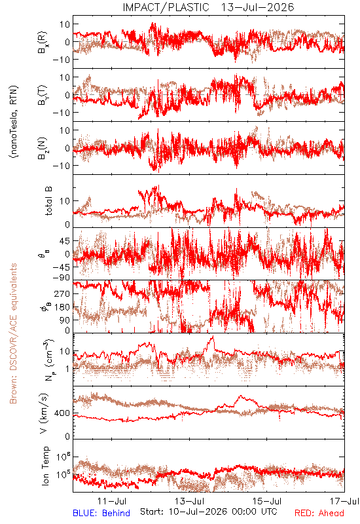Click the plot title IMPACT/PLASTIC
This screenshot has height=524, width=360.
(x=166, y=7)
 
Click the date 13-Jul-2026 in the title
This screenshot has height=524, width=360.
(x=257, y=7)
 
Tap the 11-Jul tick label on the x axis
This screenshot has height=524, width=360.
(x=112, y=501)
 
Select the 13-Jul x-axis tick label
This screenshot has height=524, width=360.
(x=190, y=501)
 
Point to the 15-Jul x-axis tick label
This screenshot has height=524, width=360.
(x=267, y=501)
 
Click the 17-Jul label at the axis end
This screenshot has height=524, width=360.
(x=345, y=501)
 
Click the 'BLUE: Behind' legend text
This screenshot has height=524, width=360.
(x=101, y=513)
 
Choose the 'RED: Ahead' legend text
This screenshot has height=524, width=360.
(x=319, y=513)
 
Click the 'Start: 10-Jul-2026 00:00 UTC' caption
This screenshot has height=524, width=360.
(x=209, y=512)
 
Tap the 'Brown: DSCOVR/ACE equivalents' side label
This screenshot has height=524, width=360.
(x=13, y=333)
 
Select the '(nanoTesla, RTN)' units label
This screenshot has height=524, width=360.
(x=14, y=121)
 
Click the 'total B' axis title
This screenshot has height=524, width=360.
(x=48, y=201)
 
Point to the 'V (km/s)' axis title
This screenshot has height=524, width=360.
(x=44, y=413)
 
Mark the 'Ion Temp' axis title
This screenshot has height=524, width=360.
(x=45, y=466)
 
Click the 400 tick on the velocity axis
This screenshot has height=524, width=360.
(x=63, y=413)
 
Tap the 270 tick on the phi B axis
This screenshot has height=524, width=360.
(x=63, y=293)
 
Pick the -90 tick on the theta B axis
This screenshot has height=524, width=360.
(x=62, y=278)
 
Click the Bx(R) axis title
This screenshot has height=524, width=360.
(x=43, y=43)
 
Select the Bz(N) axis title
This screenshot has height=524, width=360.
(x=43, y=148)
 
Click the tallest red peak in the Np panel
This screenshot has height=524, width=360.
(x=213, y=337)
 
